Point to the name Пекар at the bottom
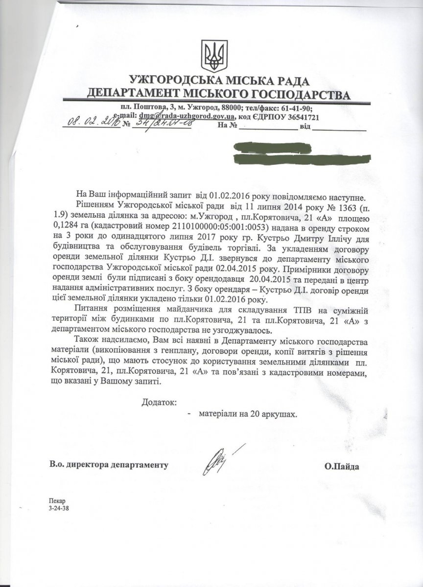57,501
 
